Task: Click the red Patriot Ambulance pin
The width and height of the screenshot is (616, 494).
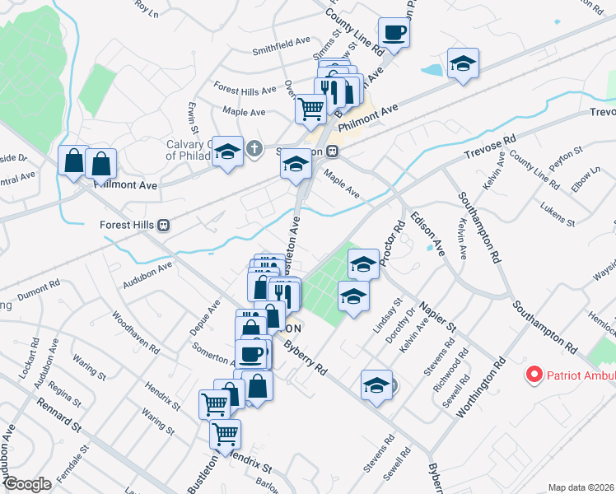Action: [x=534, y=375]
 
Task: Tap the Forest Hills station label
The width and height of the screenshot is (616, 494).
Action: [x=128, y=225]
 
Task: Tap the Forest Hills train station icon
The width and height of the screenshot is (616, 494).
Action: [x=164, y=225]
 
